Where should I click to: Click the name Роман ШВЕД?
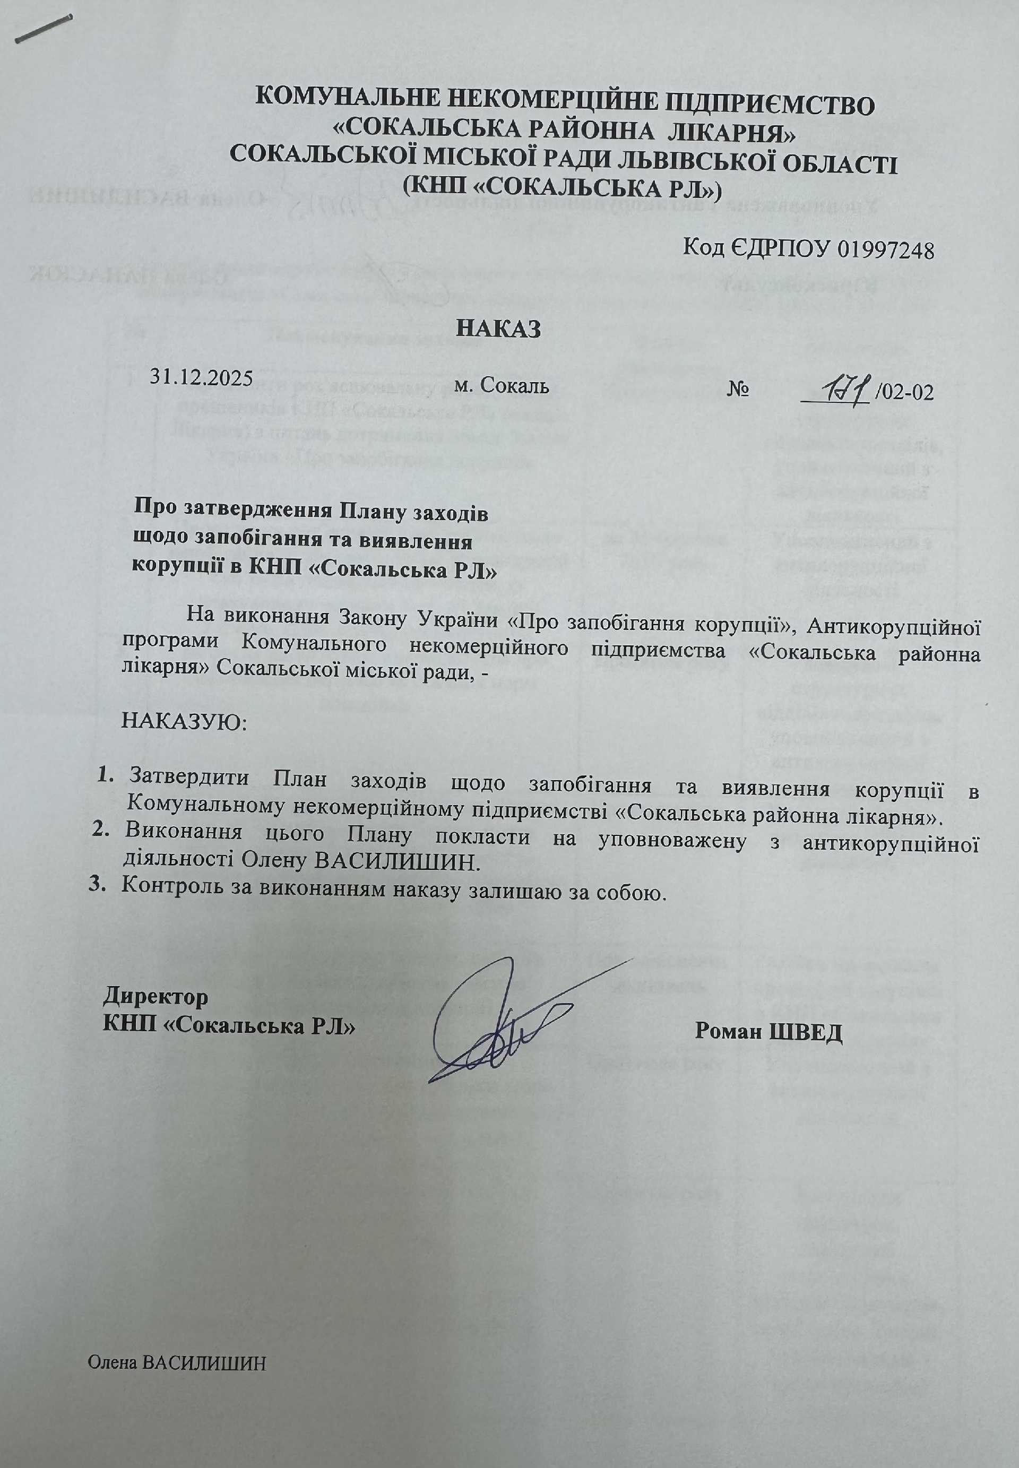pos(768,1031)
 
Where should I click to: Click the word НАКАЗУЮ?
pos(183,723)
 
